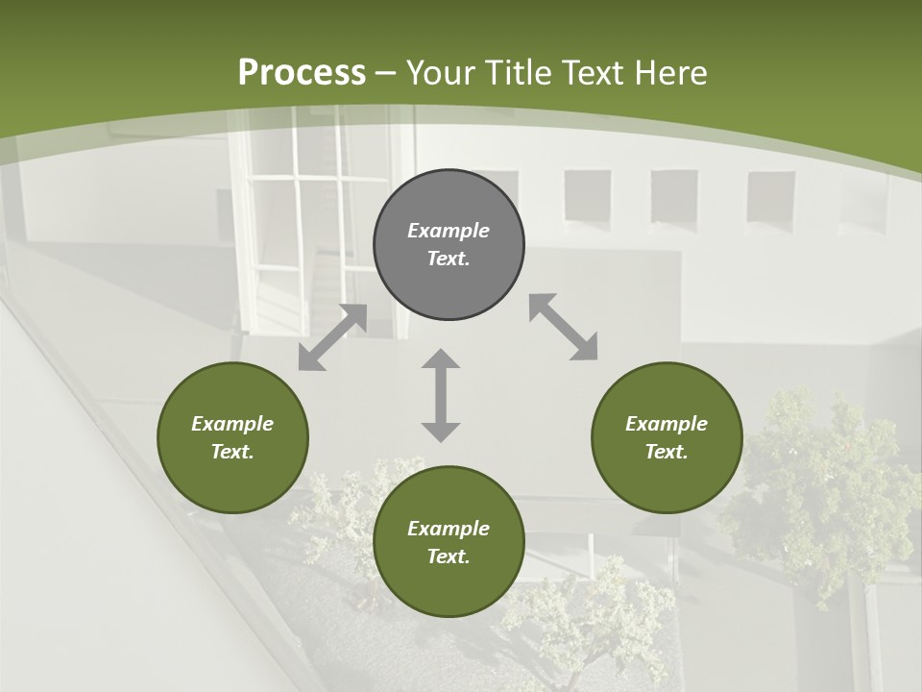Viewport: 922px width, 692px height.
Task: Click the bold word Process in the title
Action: [302, 73]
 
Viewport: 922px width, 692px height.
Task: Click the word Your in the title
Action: [440, 73]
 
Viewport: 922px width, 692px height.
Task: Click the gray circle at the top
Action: [449, 245]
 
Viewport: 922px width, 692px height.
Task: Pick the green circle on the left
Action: [232, 437]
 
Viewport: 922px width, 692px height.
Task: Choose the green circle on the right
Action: [667, 437]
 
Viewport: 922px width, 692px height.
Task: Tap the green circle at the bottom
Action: [449, 542]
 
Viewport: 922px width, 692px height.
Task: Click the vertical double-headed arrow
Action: [441, 395]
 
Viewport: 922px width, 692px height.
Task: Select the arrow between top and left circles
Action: [332, 337]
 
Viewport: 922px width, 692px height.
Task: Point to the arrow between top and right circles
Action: [563, 328]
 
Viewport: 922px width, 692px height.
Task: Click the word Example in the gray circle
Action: [449, 231]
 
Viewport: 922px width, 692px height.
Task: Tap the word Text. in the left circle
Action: [232, 452]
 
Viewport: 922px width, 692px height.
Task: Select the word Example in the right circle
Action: [667, 424]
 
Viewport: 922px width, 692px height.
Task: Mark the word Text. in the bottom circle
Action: [449, 556]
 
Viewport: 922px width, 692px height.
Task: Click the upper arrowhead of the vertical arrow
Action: [441, 359]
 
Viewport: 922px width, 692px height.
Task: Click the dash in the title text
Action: [386, 73]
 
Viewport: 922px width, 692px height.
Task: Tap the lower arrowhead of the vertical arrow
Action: [441, 432]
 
